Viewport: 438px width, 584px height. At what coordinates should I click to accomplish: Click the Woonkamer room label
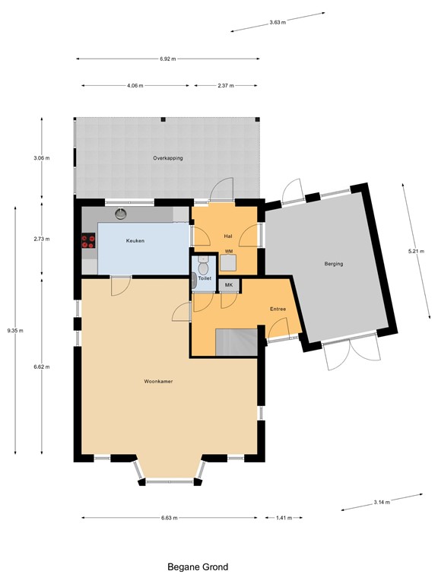(158, 382)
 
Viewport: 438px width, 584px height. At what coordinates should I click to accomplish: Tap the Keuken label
(135, 240)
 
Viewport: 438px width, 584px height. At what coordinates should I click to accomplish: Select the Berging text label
(334, 264)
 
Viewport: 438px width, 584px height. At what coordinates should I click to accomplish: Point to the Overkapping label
(168, 158)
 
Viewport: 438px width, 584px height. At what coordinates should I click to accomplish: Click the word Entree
(278, 309)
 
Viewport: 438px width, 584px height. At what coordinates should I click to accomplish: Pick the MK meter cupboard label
(229, 285)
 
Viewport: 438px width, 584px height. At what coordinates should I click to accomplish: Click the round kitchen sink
(121, 214)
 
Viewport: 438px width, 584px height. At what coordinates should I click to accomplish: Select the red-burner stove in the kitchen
(88, 240)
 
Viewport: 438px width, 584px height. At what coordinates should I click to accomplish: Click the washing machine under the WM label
(227, 262)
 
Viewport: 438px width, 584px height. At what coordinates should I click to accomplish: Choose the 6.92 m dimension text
(168, 59)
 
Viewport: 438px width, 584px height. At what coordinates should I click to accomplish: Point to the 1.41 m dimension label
(284, 518)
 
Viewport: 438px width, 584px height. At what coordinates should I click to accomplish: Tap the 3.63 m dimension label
(278, 22)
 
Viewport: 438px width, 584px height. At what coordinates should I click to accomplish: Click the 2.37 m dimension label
(226, 86)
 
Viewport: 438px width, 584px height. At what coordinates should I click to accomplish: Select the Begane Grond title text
(198, 567)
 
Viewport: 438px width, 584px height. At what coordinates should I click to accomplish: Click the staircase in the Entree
(236, 342)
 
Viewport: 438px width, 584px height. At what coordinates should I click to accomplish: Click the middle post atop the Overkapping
(163, 119)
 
